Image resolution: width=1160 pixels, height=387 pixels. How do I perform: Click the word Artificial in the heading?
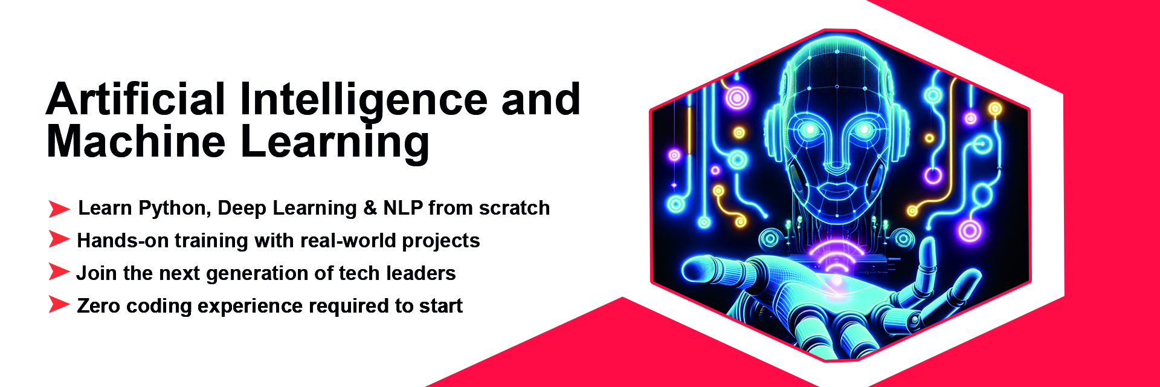[x=136, y=99]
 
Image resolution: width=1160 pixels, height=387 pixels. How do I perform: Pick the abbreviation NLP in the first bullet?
[x=403, y=208]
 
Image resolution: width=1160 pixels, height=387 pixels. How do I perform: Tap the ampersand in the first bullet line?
[x=370, y=208]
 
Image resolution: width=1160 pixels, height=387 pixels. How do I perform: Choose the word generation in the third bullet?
[x=266, y=274]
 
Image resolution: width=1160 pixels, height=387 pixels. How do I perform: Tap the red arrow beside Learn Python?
[x=59, y=209]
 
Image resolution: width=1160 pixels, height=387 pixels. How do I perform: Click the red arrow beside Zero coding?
[x=59, y=304]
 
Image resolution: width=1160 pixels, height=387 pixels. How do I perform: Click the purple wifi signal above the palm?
[x=836, y=260]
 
